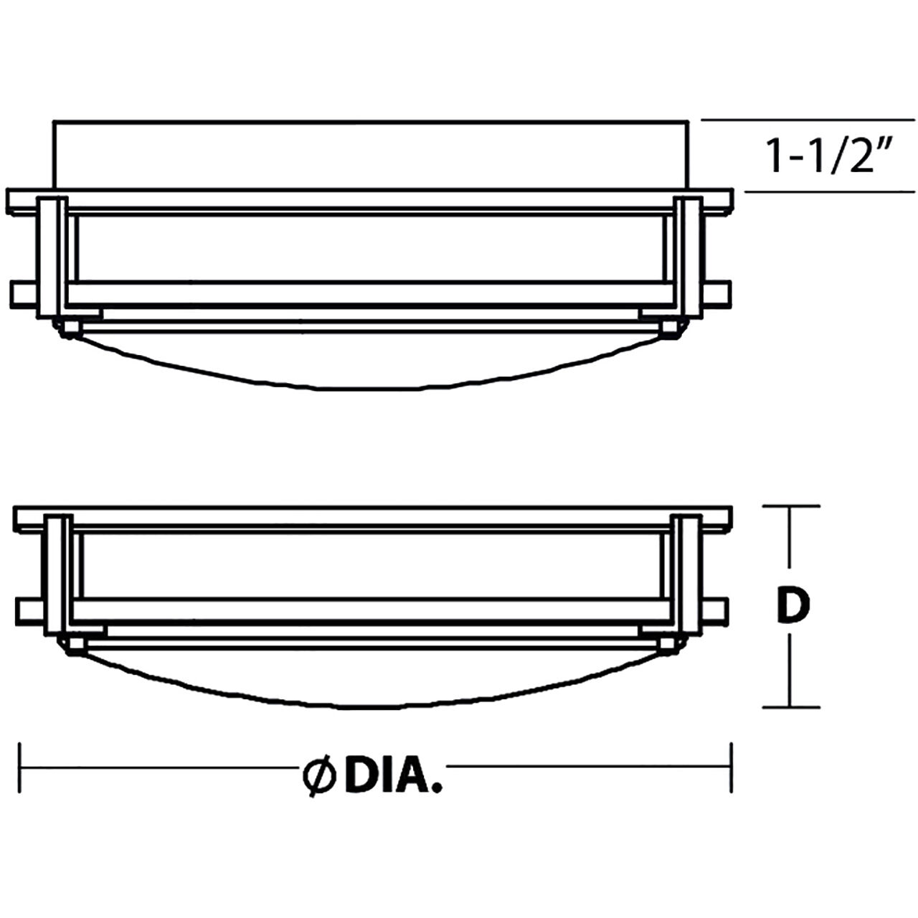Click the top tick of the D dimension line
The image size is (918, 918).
pos(790,506)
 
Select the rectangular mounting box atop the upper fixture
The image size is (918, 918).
pos(371,155)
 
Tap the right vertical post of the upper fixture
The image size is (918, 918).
pos(691,255)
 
